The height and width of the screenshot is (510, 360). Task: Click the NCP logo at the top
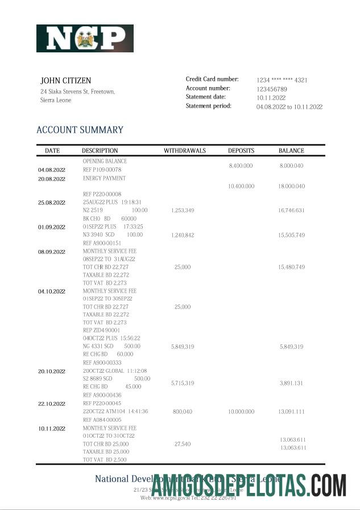85,39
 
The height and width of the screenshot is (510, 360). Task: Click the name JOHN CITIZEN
65,81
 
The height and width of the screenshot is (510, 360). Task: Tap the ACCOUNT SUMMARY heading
80,130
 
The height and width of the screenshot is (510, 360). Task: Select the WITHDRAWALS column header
185,151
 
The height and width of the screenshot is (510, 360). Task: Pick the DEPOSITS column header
241,151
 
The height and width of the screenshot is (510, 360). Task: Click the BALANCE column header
291,151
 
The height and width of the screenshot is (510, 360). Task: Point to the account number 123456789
272,89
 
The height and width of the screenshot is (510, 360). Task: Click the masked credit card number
282,80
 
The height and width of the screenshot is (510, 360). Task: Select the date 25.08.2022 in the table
52,203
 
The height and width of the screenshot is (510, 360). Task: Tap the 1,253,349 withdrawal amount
183,211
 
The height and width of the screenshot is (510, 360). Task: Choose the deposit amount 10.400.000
241,187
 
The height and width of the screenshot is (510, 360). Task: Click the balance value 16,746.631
292,211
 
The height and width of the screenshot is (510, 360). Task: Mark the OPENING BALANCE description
105,162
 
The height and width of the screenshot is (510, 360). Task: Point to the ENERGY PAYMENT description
104,178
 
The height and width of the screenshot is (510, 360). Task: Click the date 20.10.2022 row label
52,371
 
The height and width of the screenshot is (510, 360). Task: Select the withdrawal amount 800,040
183,412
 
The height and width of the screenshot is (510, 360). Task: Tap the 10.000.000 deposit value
241,412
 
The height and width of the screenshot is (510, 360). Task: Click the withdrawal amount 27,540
183,444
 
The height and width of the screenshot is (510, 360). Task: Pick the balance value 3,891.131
292,384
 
